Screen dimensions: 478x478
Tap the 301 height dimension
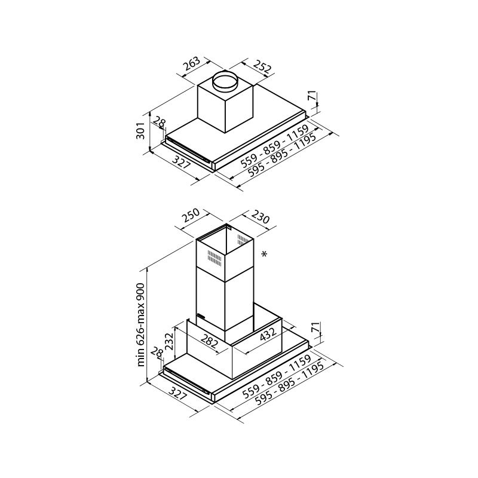coord(140,130)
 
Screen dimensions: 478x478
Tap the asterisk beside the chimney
coord(264,255)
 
